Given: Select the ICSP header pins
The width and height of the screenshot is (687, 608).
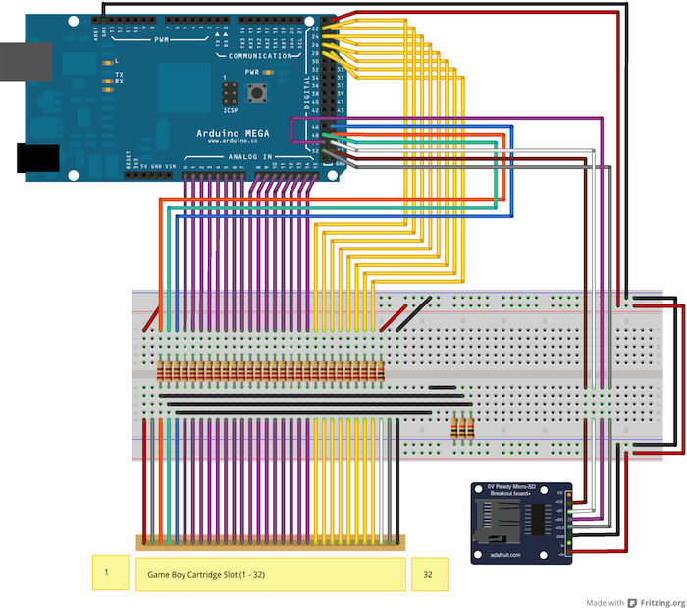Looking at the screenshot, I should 230,94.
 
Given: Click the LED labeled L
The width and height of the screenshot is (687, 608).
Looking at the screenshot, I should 103,62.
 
